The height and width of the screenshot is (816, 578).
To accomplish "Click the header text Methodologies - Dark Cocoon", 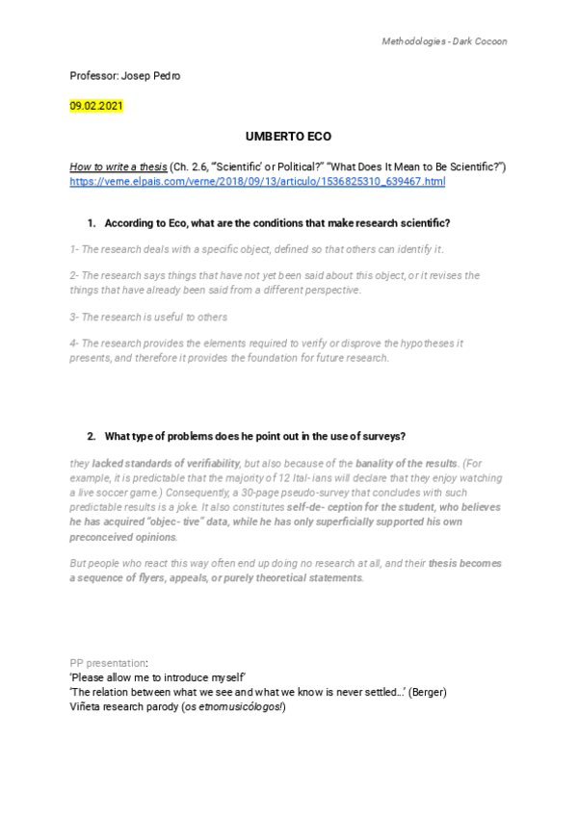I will coord(444,41).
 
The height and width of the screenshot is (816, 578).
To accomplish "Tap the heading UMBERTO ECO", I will coord(288,137).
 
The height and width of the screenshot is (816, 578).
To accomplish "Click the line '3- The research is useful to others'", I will coord(148,317).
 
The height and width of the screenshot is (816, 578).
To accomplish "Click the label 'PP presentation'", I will coord(109,663).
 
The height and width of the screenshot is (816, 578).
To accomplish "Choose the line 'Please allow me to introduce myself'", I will coord(160,677).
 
